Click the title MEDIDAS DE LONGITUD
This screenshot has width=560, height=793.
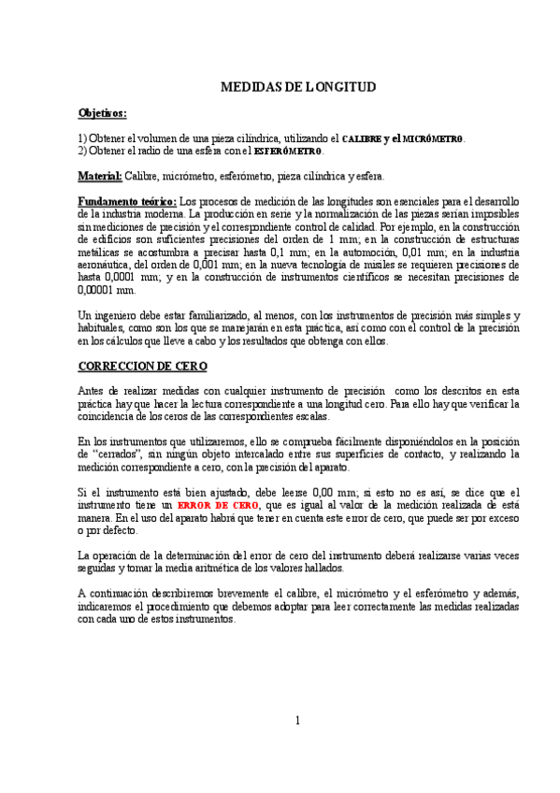297,87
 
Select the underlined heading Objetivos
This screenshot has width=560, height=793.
102,112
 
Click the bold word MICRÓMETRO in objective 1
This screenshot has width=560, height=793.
432,138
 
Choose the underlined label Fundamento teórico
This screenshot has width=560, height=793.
126,201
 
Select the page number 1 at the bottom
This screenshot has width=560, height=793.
297,720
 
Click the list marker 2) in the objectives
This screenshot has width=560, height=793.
82,151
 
